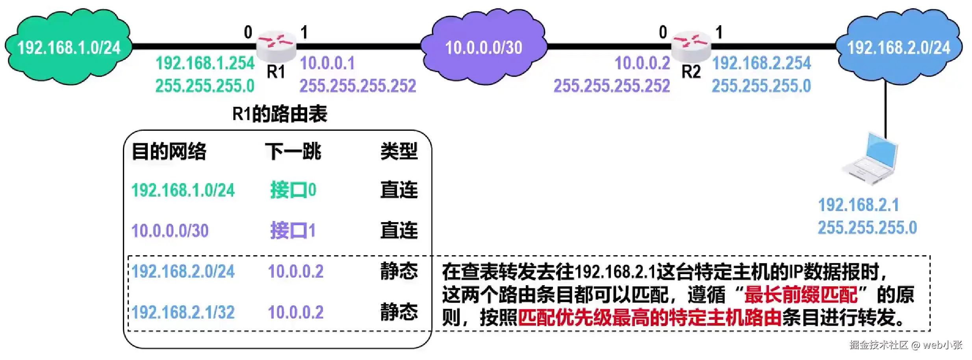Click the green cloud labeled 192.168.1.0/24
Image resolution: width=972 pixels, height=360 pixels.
point(69,47)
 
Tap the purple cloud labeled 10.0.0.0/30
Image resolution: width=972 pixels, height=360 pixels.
point(484,47)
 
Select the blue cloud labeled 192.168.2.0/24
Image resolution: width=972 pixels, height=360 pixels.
point(899,47)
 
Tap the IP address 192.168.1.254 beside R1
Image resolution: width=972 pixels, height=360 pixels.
point(205,63)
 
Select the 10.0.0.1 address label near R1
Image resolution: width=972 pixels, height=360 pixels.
point(328,63)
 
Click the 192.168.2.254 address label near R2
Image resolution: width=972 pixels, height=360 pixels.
point(762,63)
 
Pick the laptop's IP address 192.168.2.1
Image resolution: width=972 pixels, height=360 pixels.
point(859,205)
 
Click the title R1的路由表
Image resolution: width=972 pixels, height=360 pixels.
point(280,114)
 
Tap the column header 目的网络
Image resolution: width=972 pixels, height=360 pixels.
point(169,152)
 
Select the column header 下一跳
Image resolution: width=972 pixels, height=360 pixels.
point(293,152)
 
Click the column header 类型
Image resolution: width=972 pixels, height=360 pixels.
point(399,152)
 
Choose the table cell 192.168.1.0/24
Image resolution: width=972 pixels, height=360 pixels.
point(183,190)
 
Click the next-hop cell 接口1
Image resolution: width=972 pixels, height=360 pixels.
point(293,230)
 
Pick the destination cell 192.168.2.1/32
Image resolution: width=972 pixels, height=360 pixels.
point(183,312)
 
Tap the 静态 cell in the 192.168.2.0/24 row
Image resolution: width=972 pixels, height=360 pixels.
point(399,271)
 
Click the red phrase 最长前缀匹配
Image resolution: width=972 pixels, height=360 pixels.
point(801,295)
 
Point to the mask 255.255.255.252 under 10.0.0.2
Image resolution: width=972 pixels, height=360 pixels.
point(612,86)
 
